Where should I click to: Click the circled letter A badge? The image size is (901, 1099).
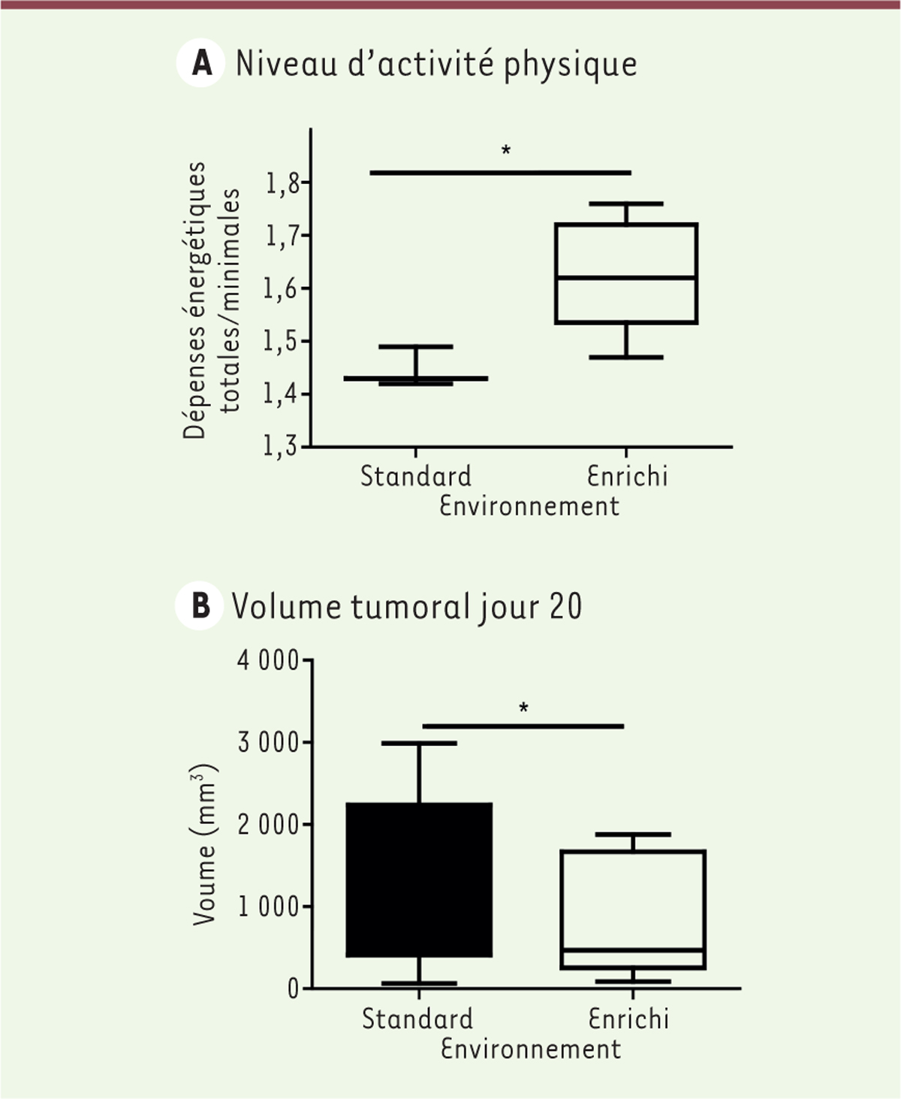tap(200, 64)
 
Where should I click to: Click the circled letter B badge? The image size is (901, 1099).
tap(200, 606)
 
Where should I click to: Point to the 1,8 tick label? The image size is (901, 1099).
tap(281, 183)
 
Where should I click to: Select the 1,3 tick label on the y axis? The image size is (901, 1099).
tap(281, 447)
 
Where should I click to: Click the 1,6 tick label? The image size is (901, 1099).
tap(281, 289)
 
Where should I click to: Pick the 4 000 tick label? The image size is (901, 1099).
tap(268, 661)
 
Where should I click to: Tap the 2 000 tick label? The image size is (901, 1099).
tap(268, 825)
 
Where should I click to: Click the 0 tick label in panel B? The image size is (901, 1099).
tap(293, 989)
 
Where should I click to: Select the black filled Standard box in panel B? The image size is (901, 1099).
tap(419, 879)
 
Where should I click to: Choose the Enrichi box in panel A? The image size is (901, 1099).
tap(626, 273)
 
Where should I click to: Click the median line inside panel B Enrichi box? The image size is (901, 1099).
tap(632, 950)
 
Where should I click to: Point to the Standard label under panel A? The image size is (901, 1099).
tap(416, 476)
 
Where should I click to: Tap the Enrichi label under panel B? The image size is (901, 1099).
tap(628, 1019)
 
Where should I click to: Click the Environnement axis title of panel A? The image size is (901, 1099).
tap(529, 506)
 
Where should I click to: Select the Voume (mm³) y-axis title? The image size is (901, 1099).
tap(205, 844)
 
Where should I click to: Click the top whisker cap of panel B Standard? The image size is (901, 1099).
tap(419, 743)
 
